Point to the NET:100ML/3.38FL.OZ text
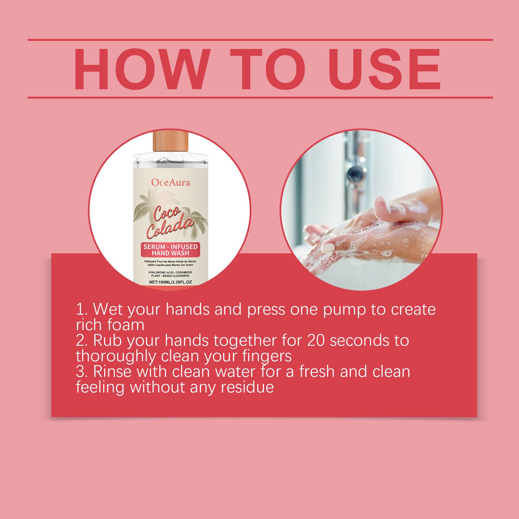coord(171,282)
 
